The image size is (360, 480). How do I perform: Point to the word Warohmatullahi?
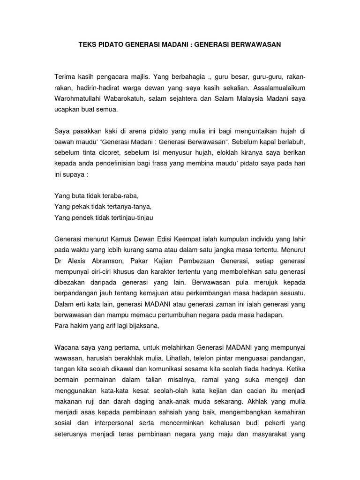click(x=80, y=98)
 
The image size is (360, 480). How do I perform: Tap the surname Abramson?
click(x=115, y=261)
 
